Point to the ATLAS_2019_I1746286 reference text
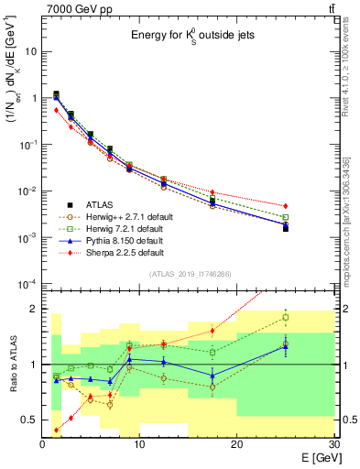point(189,274)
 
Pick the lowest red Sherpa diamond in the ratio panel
point(57,430)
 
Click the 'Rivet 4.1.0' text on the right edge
point(353,55)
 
